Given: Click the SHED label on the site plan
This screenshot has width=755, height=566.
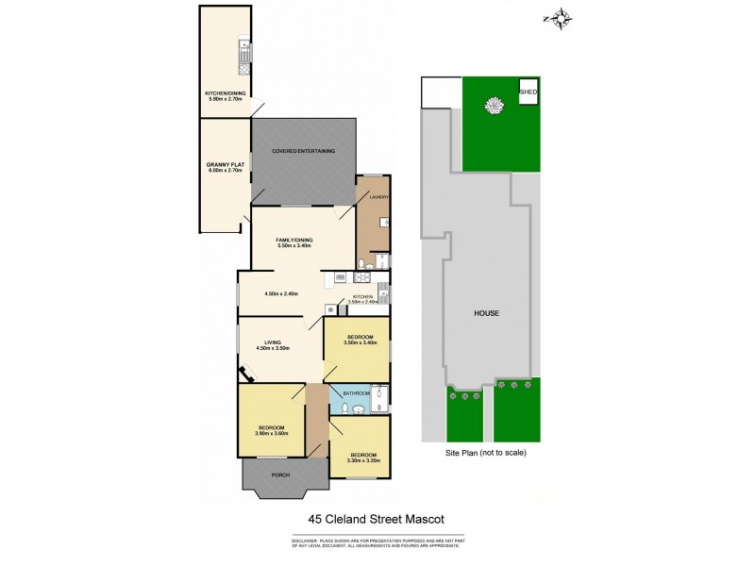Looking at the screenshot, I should pyautogui.click(x=528, y=91).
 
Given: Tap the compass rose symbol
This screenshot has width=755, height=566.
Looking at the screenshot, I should pyautogui.click(x=560, y=17).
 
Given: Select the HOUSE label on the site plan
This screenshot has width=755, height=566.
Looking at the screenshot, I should pyautogui.click(x=486, y=313).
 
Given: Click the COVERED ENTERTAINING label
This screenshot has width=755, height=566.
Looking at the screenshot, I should pyautogui.click(x=304, y=151).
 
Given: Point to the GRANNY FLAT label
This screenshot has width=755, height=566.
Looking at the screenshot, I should pyautogui.click(x=225, y=166).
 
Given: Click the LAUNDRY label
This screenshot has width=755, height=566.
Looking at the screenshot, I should pyautogui.click(x=365, y=197).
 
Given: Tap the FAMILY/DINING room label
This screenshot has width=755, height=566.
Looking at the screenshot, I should pyautogui.click(x=294, y=240).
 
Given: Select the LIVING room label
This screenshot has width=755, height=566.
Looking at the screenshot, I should pyautogui.click(x=273, y=342).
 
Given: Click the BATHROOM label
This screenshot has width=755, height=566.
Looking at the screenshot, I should pyautogui.click(x=356, y=392).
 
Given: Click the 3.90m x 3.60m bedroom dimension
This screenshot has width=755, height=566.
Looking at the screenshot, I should pyautogui.click(x=271, y=433).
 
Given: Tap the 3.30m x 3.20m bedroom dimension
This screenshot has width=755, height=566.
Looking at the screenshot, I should pyautogui.click(x=360, y=460).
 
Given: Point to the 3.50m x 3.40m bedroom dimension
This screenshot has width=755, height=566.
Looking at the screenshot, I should pyautogui.click(x=361, y=343).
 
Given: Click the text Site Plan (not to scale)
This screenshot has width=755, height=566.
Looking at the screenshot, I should pyautogui.click(x=486, y=453).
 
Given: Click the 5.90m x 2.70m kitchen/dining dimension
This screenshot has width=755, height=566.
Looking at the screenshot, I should pyautogui.click(x=225, y=98).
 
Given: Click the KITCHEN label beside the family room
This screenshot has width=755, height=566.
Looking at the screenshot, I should pyautogui.click(x=363, y=296).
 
